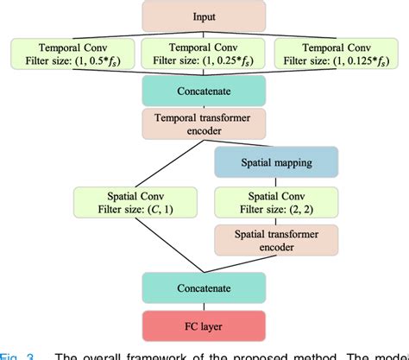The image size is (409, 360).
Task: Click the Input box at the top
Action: tap(204, 15)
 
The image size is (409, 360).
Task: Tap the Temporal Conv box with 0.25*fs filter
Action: tap(204, 54)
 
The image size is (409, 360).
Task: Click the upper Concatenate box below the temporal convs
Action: tap(204, 91)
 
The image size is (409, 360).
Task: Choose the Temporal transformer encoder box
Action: tap(204, 124)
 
